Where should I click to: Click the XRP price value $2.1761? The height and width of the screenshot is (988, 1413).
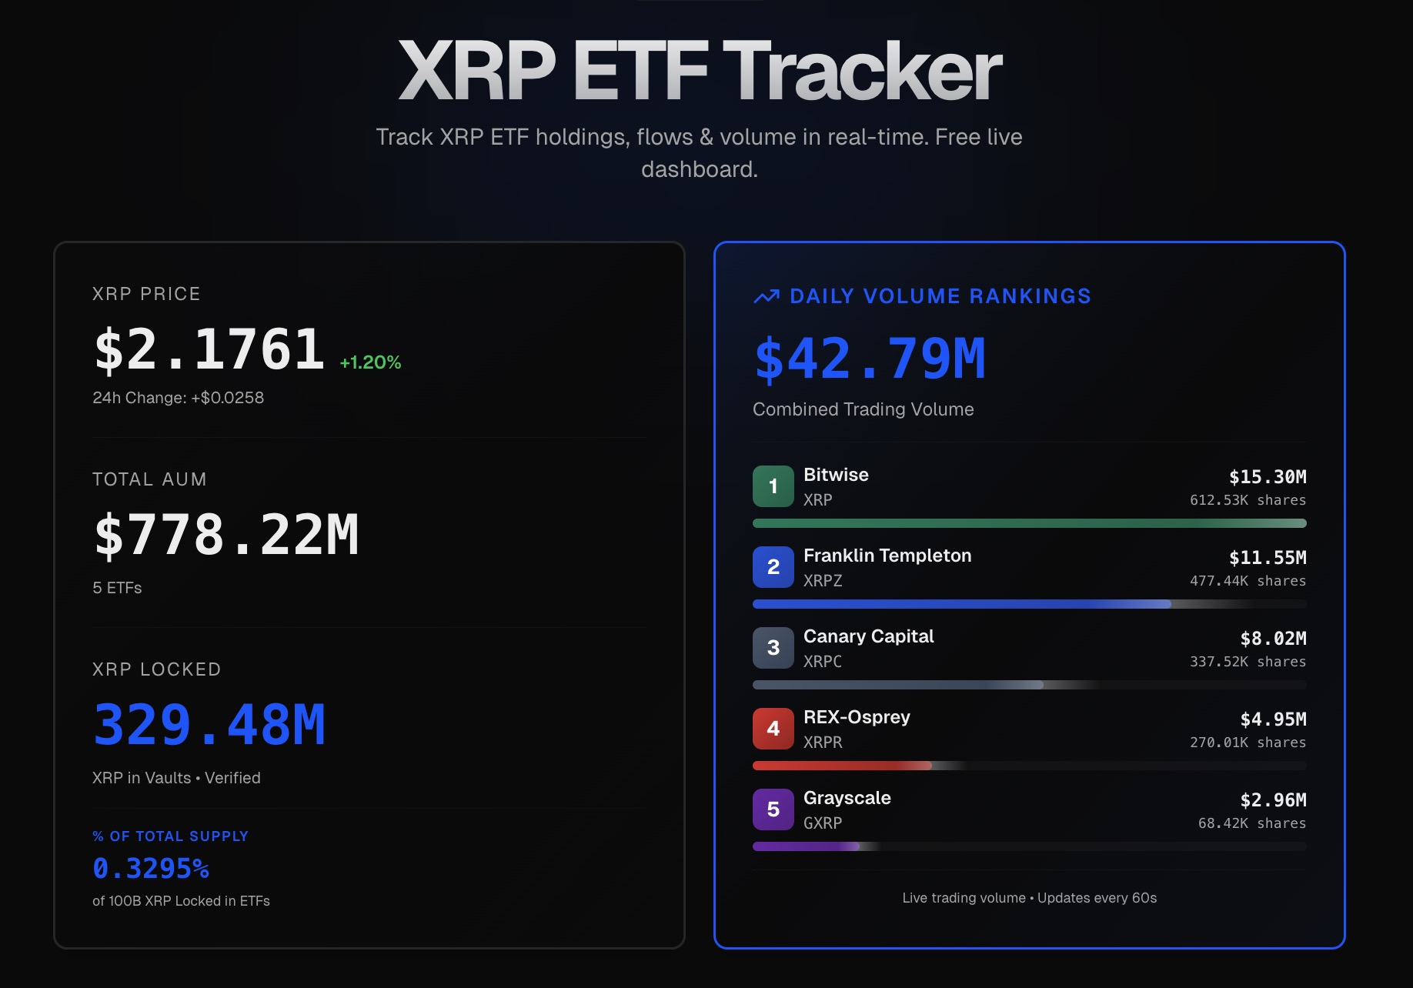point(209,350)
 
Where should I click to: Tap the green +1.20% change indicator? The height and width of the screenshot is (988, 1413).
point(370,362)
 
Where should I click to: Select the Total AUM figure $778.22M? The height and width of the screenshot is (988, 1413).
point(226,536)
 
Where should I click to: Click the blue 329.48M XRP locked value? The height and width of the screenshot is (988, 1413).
point(209,726)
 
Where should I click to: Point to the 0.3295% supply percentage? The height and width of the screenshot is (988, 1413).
point(151,869)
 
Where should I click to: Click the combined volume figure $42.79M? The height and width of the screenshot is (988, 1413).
point(870,359)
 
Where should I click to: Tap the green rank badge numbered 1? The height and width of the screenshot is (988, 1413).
point(773,486)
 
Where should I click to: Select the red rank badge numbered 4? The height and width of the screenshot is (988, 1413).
point(773,729)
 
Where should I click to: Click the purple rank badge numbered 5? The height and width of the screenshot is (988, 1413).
point(773,809)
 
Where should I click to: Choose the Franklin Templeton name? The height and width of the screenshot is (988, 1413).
point(887,556)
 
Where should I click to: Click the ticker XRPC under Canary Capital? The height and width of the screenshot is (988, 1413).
point(822,662)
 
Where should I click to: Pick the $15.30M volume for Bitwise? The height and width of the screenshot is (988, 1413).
point(1267,477)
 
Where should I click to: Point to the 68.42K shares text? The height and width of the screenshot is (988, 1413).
point(1251,823)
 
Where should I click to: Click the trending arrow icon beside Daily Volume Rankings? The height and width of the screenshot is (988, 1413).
point(767,296)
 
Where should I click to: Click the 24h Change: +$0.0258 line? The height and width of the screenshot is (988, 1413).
point(178,398)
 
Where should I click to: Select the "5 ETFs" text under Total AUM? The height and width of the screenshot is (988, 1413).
point(117,588)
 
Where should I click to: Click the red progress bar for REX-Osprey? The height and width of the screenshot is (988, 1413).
point(842,766)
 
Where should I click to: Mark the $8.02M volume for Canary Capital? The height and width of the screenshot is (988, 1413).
point(1273,639)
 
